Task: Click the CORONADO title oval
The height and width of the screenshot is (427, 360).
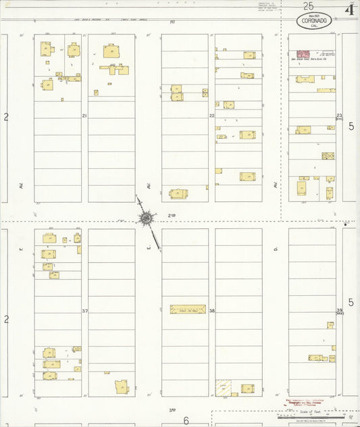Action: [x=314, y=21]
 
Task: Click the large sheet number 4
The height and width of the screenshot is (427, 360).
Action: [x=349, y=9]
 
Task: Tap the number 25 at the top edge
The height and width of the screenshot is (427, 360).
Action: [x=308, y=5]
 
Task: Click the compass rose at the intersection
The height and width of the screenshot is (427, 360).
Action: [x=146, y=218]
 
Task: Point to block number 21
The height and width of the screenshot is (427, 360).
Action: [x=84, y=116]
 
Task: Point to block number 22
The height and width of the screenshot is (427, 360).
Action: [x=211, y=116]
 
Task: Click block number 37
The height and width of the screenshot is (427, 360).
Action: [x=85, y=311]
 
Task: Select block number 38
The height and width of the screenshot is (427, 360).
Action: [x=211, y=311]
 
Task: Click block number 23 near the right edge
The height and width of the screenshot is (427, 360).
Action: [x=340, y=116]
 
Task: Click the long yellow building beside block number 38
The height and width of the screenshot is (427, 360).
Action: [x=188, y=309]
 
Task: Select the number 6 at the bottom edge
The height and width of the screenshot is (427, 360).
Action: [x=186, y=420]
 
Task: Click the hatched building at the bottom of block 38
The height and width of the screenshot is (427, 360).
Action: [x=223, y=388]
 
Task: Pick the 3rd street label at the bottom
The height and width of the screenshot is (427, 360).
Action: [x=172, y=409]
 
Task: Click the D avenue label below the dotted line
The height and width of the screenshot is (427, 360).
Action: [x=276, y=249]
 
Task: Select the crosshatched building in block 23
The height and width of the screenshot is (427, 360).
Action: [x=328, y=156]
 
